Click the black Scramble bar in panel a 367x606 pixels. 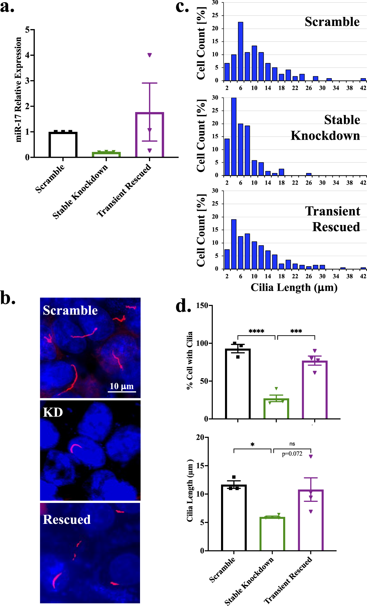click(x=63, y=145)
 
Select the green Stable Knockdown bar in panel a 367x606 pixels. click(x=106, y=154)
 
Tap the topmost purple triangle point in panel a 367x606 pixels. click(x=150, y=55)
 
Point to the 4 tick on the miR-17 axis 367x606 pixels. click(x=27, y=55)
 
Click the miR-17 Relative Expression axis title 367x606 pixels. click(x=18, y=90)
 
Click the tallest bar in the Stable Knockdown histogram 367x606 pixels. click(x=234, y=137)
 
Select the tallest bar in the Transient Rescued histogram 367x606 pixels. click(x=234, y=244)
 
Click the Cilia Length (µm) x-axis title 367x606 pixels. click(x=294, y=288)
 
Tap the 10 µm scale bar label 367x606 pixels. click(x=122, y=386)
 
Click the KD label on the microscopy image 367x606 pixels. click(x=53, y=412)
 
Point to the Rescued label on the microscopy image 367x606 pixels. click(x=67, y=520)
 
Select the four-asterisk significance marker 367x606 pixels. click(x=256, y=331)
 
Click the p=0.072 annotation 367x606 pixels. click(x=292, y=454)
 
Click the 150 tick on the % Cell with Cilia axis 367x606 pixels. click(x=202, y=306)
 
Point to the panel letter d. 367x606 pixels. click(x=183, y=306)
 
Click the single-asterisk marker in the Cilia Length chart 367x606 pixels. click(x=252, y=445)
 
